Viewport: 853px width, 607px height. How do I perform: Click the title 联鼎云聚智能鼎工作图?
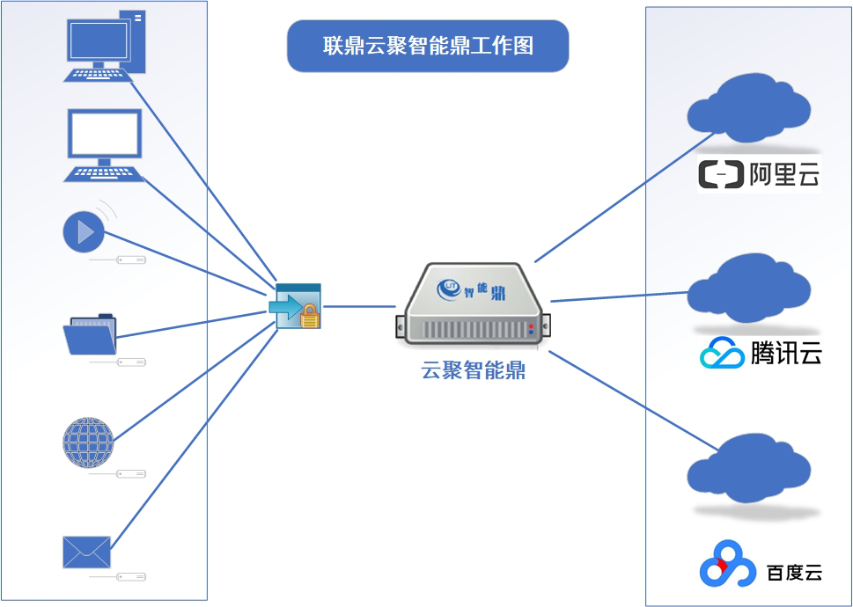(x=428, y=47)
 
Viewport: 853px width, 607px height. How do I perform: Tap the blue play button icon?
(x=84, y=232)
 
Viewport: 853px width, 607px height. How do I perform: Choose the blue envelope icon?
(x=87, y=552)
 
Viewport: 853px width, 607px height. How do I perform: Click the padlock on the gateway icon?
(x=310, y=317)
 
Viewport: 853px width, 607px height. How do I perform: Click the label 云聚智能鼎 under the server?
(x=474, y=370)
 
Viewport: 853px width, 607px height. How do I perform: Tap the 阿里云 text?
(x=784, y=174)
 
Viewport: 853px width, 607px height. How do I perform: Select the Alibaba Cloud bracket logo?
(x=720, y=174)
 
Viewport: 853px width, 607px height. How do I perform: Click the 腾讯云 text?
(x=786, y=354)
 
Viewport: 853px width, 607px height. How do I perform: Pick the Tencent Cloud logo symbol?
(x=722, y=354)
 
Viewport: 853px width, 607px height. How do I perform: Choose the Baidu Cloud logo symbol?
(x=727, y=566)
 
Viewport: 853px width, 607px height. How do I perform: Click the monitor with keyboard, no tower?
(x=104, y=144)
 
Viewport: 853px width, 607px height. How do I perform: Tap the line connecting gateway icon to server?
(x=358, y=306)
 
